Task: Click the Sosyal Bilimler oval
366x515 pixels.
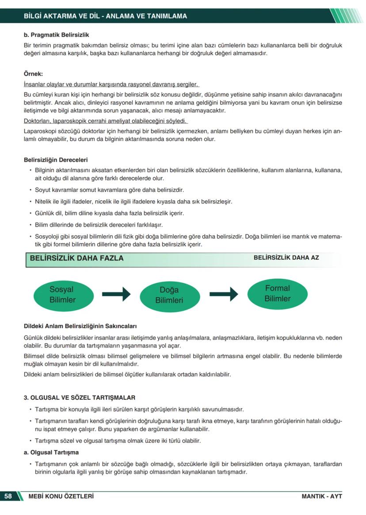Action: tap(62, 294)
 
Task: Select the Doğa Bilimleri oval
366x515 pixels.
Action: tap(169, 295)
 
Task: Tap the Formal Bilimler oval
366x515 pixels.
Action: tap(277, 293)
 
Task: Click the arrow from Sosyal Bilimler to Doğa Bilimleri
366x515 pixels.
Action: tap(116, 294)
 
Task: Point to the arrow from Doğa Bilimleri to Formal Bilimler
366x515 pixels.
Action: tap(224, 294)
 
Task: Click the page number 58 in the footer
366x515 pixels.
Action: tap(8, 496)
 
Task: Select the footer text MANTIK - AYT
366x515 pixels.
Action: tap(322, 496)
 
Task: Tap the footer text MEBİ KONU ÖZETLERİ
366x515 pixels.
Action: tap(61, 496)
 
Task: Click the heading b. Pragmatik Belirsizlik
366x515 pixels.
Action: tap(56, 34)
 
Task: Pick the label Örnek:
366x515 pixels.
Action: tap(33, 74)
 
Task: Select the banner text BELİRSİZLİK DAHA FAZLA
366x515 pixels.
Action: tap(76, 258)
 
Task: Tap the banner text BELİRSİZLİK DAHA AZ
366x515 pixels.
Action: tap(286, 257)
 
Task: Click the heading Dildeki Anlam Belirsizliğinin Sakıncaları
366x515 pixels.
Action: tap(80, 327)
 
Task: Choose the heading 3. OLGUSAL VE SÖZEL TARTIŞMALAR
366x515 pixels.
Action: tap(80, 398)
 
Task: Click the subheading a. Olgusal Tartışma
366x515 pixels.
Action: tap(51, 452)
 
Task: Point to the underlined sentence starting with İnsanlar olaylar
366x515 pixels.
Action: tap(111, 84)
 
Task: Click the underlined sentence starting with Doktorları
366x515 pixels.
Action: tap(106, 121)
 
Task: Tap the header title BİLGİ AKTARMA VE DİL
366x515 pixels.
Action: tap(105, 16)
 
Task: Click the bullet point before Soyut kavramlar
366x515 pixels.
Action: tap(30, 190)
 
